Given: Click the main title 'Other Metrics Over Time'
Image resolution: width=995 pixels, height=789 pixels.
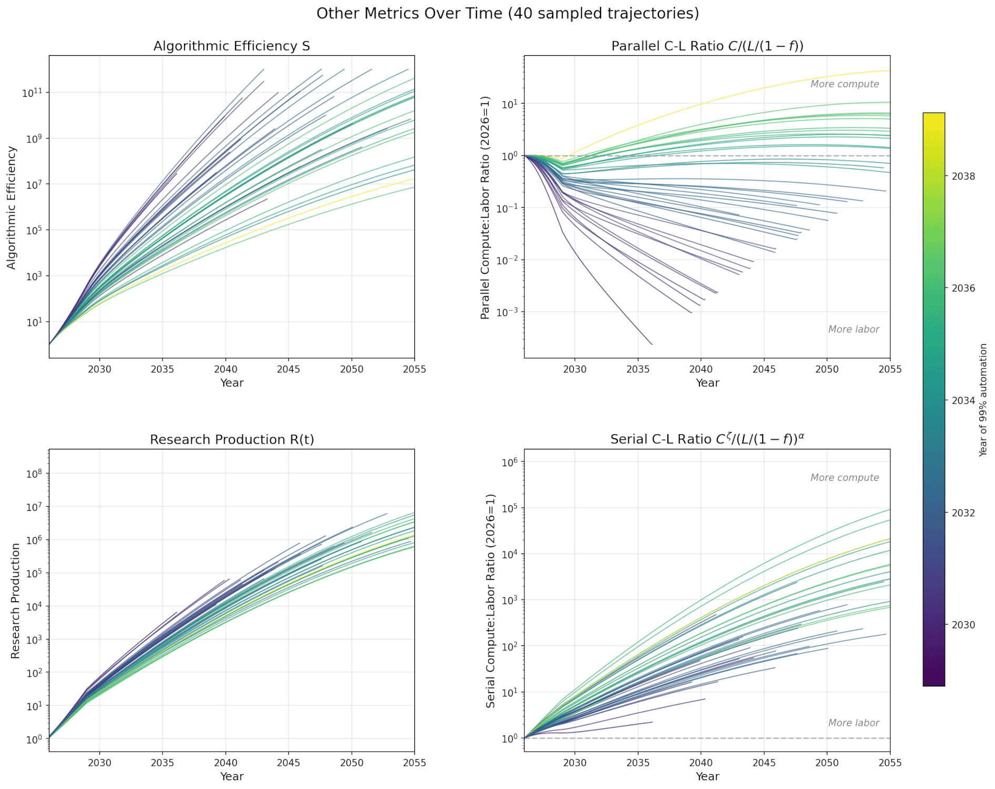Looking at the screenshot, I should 507,13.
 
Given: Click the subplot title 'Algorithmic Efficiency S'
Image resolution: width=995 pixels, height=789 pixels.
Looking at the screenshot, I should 231,46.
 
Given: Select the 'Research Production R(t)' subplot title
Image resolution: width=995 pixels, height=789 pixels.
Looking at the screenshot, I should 231,439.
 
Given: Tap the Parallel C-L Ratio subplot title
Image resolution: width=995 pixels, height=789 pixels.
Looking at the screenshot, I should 707,46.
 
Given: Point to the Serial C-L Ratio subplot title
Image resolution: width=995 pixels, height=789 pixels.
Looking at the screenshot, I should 707,439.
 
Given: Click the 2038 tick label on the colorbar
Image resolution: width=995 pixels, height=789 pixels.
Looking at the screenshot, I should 963,177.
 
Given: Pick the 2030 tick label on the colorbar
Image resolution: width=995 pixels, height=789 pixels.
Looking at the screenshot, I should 963,625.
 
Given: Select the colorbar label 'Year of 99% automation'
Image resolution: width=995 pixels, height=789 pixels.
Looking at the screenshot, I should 983,399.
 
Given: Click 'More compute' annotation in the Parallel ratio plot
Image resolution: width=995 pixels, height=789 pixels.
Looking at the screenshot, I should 844,84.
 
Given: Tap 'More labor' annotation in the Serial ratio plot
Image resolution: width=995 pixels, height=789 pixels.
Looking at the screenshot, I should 853,723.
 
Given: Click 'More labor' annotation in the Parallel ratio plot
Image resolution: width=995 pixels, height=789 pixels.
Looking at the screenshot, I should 853,330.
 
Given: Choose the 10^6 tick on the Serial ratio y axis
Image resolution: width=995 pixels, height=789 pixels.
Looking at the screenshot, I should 510,462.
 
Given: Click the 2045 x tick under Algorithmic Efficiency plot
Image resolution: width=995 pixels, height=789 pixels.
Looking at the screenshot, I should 288,369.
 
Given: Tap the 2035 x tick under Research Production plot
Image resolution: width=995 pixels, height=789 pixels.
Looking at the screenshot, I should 162,763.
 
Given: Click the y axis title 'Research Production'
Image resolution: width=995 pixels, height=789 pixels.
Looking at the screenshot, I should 15,600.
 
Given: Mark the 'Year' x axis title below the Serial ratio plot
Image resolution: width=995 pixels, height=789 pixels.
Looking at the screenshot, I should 707,776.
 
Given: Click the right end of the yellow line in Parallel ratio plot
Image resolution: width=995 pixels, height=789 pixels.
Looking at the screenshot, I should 889,70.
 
